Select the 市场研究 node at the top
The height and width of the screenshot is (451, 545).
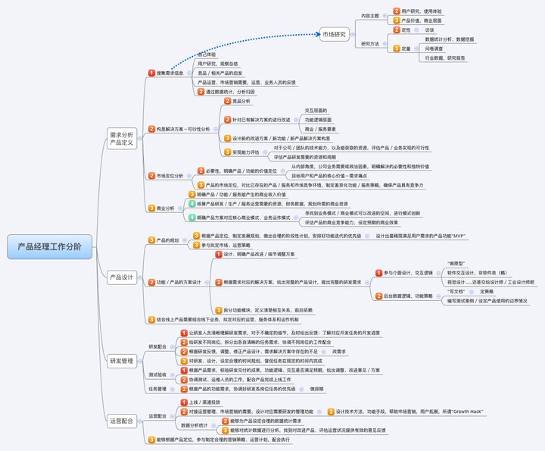[335, 34]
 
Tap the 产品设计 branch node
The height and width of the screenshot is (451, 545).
[122, 277]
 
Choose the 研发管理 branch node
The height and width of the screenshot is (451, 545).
[122, 360]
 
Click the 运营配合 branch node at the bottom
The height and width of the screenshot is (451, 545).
[122, 419]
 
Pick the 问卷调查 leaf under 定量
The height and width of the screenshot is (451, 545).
[435, 48]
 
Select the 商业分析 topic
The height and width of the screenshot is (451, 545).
[164, 208]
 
